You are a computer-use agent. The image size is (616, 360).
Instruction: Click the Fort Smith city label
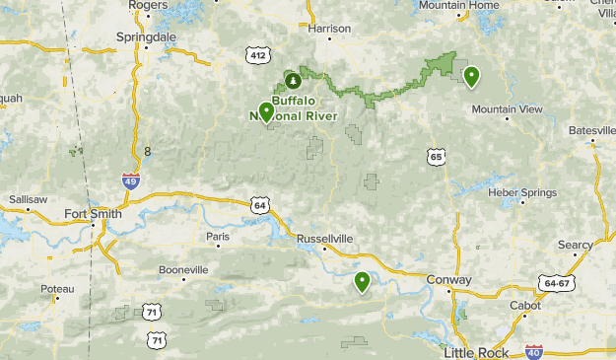93,213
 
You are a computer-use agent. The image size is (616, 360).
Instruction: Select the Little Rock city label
473,352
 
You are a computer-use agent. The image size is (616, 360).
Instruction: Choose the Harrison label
329,29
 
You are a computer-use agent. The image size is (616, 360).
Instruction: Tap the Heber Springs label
516,191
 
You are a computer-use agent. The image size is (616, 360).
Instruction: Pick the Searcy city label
575,245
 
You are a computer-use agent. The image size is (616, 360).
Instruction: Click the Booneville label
183,268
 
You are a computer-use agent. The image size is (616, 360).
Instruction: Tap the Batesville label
591,130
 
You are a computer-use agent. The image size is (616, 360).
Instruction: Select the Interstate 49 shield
131,180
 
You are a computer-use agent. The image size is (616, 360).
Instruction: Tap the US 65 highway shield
437,156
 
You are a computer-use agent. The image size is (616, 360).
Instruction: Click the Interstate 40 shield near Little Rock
534,351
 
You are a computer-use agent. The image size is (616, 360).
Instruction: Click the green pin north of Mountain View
472,76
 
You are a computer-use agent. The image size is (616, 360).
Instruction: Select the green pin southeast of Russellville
363,281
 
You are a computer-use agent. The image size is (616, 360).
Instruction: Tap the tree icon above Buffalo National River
292,79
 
